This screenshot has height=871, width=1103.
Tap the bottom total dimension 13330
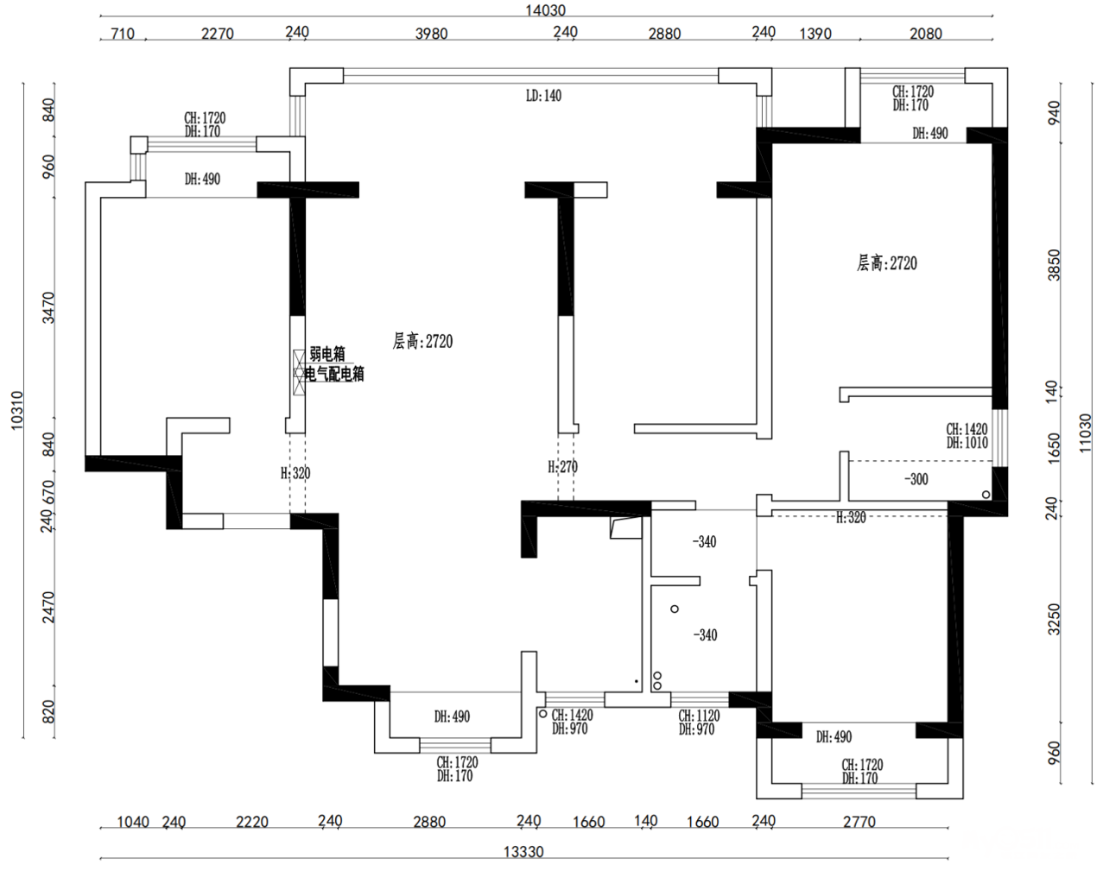click(x=523, y=852)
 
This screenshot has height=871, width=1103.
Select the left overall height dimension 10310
click(x=16, y=411)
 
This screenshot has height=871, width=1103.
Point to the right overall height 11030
click(x=1085, y=432)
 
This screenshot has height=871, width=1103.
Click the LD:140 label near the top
click(x=543, y=96)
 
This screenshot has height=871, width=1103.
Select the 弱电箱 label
click(x=327, y=354)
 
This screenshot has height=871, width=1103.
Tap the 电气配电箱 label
click(x=334, y=374)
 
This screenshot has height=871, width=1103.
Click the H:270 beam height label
click(x=562, y=467)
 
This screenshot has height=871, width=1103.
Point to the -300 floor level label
click(x=916, y=479)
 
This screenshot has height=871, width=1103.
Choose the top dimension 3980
click(x=431, y=34)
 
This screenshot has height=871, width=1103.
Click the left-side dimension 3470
click(x=48, y=308)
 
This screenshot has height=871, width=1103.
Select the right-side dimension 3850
click(x=1053, y=266)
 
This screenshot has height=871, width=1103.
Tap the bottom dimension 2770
click(x=859, y=822)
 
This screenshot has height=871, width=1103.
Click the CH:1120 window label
click(x=698, y=716)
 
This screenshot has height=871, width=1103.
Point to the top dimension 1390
click(x=815, y=34)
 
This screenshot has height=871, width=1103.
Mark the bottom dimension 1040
click(x=133, y=822)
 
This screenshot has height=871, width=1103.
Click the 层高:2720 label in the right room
click(x=886, y=263)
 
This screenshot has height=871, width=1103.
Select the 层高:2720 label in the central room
click(x=422, y=342)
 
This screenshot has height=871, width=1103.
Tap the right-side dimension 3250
click(x=1053, y=619)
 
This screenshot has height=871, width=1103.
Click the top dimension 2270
click(x=217, y=34)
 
